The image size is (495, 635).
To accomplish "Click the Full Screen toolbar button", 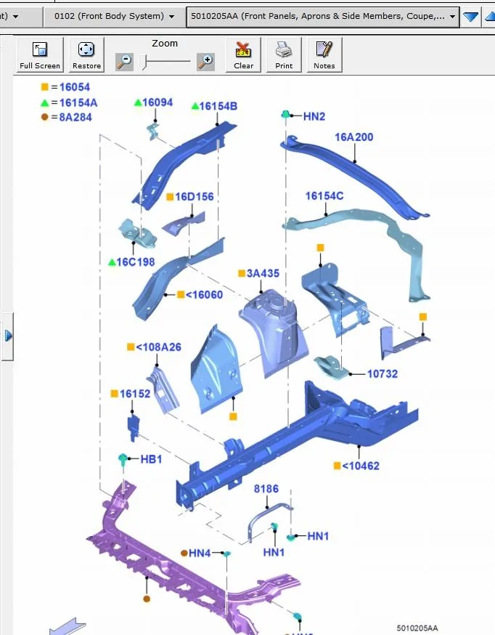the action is coord(40,54).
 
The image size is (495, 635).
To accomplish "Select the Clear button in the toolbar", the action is coord(243,54).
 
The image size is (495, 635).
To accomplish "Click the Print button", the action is coord(284,54).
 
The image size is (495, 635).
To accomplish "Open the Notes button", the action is coord(324,54).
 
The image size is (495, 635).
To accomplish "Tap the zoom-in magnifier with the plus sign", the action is coord(205,62).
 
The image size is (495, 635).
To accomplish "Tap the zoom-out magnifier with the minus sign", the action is coord(124,62).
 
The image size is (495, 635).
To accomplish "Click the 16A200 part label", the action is coord(354,137).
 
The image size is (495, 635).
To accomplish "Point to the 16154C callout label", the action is coord(324,196).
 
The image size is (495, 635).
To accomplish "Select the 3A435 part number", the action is coord(263,273).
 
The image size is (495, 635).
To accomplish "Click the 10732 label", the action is coord(382,373).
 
